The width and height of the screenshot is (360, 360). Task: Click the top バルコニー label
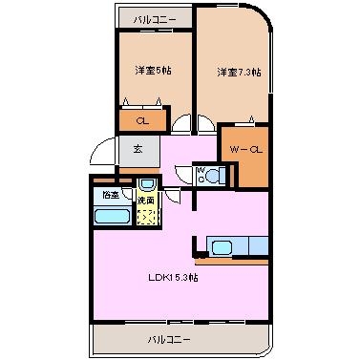155,20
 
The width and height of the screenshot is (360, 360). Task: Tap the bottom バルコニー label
169,339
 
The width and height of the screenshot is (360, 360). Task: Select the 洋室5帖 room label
153,71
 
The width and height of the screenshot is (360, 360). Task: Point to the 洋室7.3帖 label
239,72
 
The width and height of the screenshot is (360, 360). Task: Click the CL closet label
142,121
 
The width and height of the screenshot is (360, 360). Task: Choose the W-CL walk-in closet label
245,149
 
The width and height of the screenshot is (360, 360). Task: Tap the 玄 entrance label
138,149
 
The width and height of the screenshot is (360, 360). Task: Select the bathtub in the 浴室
113,217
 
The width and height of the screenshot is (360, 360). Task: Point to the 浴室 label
111,195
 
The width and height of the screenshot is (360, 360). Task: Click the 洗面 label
146,201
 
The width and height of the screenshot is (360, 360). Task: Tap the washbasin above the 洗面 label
147,183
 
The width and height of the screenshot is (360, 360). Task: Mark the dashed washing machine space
146,217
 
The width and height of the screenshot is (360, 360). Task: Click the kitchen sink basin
222,247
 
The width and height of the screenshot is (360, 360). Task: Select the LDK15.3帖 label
173,278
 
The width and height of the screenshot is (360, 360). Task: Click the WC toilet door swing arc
182,174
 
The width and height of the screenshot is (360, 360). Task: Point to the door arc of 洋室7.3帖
206,123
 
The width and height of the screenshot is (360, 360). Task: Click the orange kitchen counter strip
231,262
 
